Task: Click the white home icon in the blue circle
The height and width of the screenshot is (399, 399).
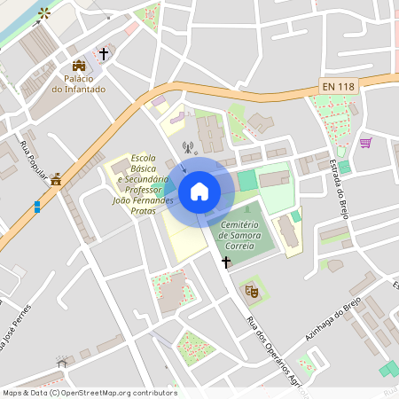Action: (199, 191)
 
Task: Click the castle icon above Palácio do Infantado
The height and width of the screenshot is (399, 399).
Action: (78, 66)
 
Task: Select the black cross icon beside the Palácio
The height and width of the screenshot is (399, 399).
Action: (103, 55)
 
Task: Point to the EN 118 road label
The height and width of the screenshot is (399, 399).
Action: (338, 86)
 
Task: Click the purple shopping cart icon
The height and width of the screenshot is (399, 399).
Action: (365, 142)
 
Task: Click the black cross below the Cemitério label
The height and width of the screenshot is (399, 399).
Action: (226, 262)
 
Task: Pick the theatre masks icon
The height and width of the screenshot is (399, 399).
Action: (251, 289)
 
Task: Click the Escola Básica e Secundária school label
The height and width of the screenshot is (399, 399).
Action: (142, 184)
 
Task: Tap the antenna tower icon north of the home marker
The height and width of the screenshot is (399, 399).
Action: (187, 147)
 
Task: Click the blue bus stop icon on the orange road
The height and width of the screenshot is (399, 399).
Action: (36, 207)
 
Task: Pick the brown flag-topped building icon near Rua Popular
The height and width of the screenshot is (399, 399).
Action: (56, 180)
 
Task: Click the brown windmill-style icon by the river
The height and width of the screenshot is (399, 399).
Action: (43, 12)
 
